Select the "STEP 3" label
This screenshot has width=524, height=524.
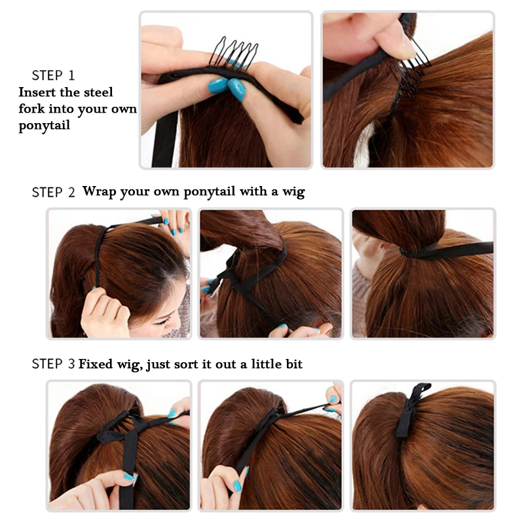[x=53, y=364]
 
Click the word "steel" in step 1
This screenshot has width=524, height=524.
[x=96, y=92]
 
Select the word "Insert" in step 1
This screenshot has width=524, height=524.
[x=37, y=92]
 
